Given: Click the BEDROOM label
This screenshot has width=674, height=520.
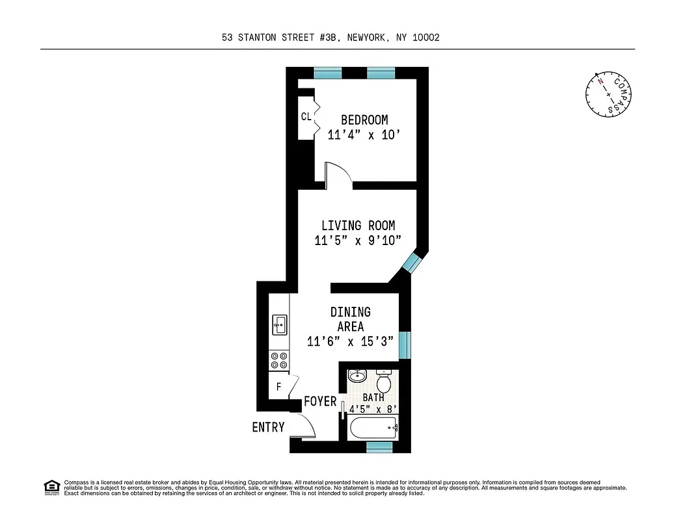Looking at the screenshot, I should pos(364,120).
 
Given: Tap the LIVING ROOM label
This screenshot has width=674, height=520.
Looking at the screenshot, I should pos(358,226).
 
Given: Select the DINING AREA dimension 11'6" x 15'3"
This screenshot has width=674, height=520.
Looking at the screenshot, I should pos(351,342).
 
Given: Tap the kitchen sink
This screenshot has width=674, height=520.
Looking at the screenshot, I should pos(280,323).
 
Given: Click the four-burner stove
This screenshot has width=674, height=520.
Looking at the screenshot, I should pos(280,360).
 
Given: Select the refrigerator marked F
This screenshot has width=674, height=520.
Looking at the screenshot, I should pos(278,387).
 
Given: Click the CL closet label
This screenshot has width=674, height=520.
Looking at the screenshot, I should pos(306,117).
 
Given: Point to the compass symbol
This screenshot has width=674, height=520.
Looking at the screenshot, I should pos(608,94).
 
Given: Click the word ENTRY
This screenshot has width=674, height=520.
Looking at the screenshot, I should pos(268,427).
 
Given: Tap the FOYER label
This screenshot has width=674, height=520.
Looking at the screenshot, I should pos(320,401).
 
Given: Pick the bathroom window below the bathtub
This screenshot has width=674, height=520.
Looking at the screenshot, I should pos(379,447).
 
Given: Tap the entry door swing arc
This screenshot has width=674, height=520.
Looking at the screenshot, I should pos(305,426).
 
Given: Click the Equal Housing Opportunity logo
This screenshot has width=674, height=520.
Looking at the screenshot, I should pos(51,486).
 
